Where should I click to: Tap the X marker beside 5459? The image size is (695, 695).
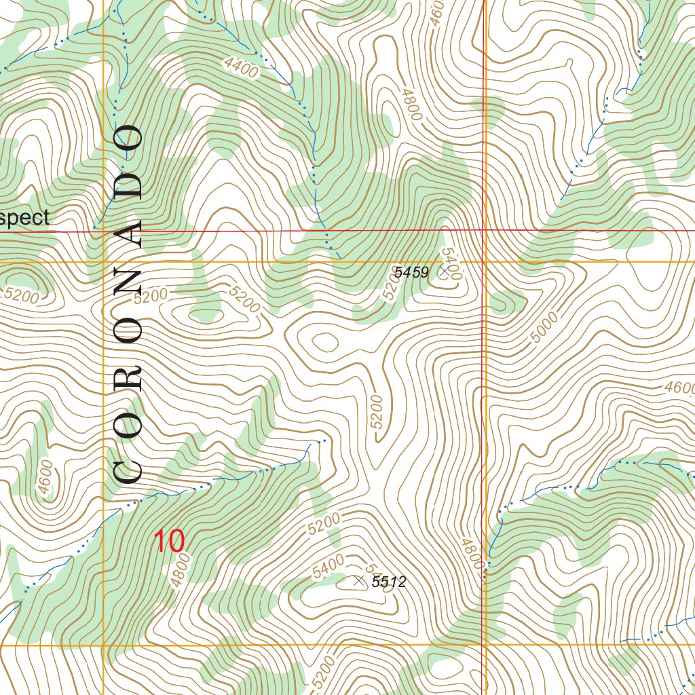pos(443,271)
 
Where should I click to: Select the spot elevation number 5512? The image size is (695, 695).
pos(389,582)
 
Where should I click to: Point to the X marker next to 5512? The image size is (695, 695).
pos(359,580)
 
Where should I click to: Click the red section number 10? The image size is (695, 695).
pos(168,542)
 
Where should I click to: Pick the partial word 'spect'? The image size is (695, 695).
pos(25,218)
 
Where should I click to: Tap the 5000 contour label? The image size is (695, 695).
pos(544,327)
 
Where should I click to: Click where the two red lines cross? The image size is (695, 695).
pos(483,231)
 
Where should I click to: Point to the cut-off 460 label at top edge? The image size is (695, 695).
pos(437,12)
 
